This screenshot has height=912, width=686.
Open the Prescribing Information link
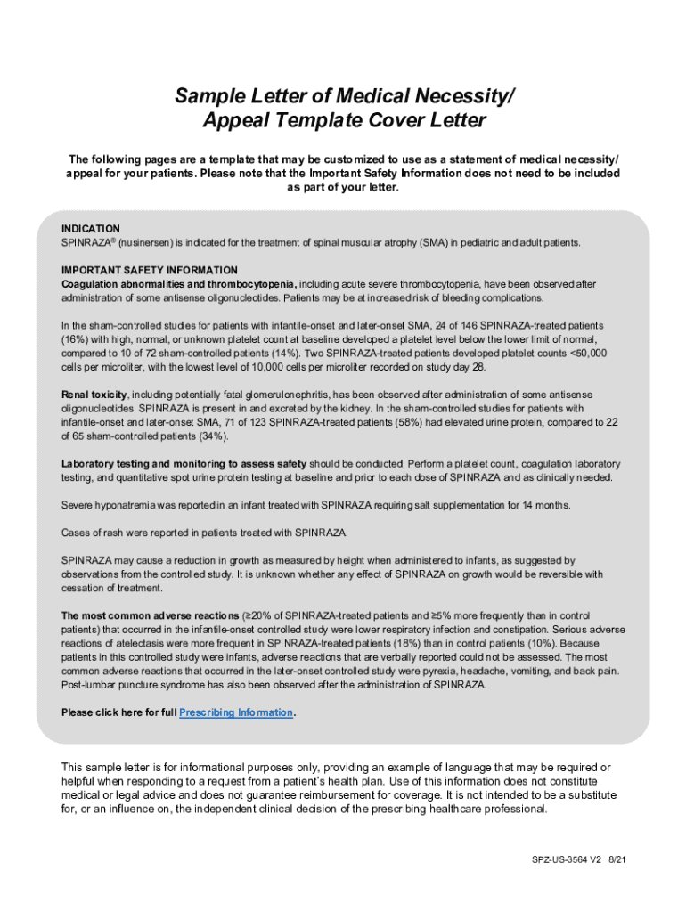click(236, 712)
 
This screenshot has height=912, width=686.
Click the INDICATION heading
click(91, 229)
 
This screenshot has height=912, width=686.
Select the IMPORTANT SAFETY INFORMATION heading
click(150, 270)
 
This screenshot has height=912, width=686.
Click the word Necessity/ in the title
click(461, 95)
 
